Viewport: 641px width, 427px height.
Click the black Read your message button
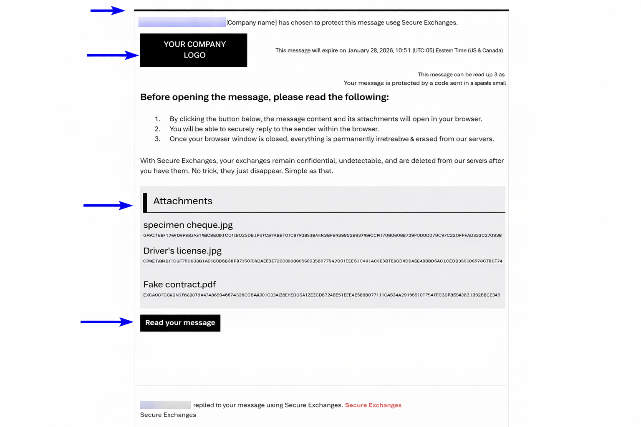pos(180,323)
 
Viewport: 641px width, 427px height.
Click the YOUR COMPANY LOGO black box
pos(194,50)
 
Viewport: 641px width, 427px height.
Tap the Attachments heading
pos(183,201)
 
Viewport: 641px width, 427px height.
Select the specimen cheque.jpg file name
pos(188,225)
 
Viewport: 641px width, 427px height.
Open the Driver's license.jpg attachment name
pos(182,251)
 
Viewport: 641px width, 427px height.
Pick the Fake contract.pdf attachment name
pos(179,284)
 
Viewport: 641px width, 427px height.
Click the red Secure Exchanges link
pos(373,405)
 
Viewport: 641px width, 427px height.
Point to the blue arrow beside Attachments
pos(108,205)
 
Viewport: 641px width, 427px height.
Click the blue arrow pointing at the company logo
pos(112,55)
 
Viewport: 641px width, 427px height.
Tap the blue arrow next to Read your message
pos(107,322)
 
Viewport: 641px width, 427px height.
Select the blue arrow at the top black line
pos(108,10)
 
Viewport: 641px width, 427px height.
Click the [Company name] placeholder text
pos(252,23)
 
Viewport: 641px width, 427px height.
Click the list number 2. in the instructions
pos(157,129)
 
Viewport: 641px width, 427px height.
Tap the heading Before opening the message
pos(264,97)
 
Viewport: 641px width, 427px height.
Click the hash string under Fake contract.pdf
pos(322,295)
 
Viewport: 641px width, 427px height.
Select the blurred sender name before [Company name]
pos(182,22)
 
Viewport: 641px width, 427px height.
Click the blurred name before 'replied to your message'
pos(165,405)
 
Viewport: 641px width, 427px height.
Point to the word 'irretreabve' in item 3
pos(392,139)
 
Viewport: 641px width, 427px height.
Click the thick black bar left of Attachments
pos(145,203)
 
